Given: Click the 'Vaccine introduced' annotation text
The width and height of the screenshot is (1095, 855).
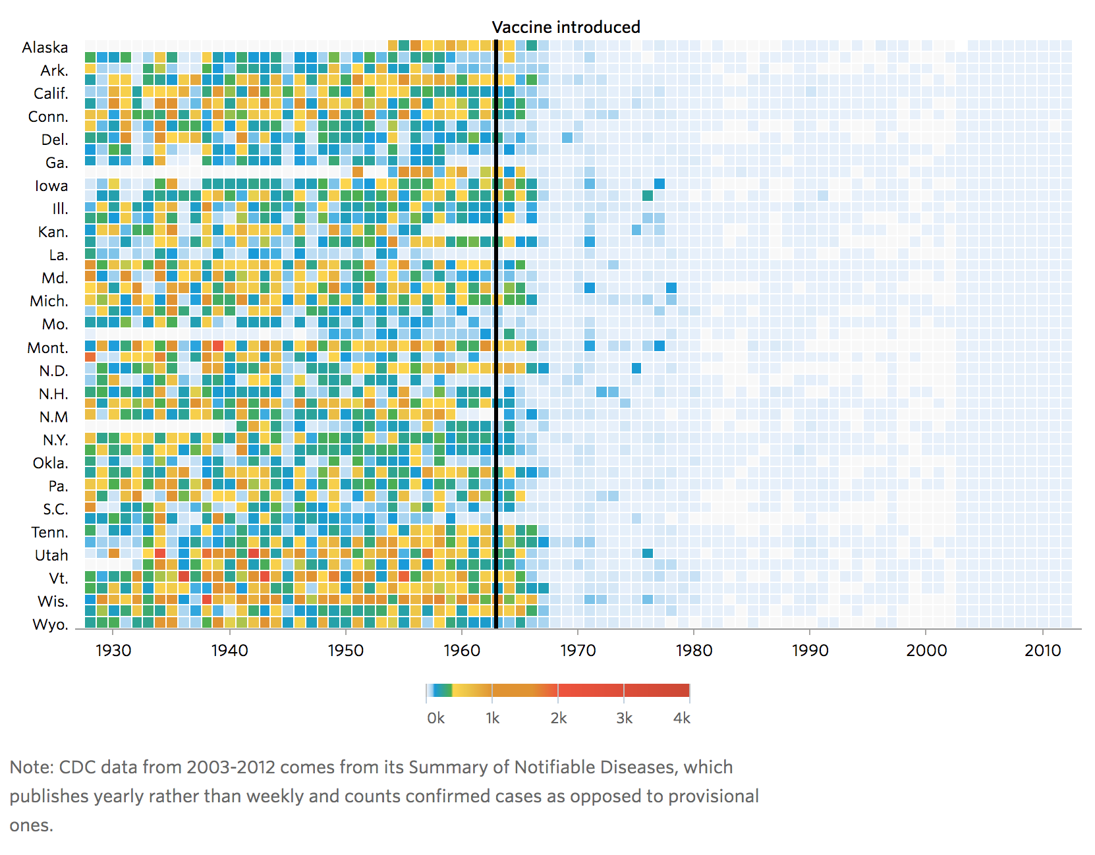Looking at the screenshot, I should point(566,27).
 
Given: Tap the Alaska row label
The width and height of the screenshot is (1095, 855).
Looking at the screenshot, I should point(45,47).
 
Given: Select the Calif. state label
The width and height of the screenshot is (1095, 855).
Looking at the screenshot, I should point(51,94).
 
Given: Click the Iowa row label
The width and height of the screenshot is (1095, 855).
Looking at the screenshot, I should point(51,186).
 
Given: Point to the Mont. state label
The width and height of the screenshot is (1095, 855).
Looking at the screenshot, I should point(47,348).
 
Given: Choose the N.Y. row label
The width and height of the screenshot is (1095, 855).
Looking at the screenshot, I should point(55,440).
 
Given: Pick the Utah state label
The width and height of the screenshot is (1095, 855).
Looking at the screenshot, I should point(51,555).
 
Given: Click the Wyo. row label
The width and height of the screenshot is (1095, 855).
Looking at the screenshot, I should point(50,624).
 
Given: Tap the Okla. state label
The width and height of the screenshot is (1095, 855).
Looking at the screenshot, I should point(50,463).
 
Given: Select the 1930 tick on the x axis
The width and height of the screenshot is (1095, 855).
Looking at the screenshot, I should point(113,650).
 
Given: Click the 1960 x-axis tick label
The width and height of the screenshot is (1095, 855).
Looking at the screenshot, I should point(462,650).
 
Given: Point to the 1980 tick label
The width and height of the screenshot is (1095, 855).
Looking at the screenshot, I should point(694,650).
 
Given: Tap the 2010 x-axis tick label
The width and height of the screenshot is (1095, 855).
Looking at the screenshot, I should point(1042,650).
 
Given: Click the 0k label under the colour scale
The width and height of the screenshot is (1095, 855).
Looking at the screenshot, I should point(435,718).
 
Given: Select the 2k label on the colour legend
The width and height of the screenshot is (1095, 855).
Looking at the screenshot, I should point(558,718).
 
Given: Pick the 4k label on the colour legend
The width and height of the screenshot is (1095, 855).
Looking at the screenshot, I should point(682,718).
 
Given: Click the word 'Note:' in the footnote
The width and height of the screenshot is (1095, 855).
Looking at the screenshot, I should point(32,767).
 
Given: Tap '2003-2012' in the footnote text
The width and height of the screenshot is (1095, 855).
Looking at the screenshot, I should point(228,767).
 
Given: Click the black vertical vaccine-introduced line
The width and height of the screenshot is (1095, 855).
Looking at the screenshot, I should point(495,329).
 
